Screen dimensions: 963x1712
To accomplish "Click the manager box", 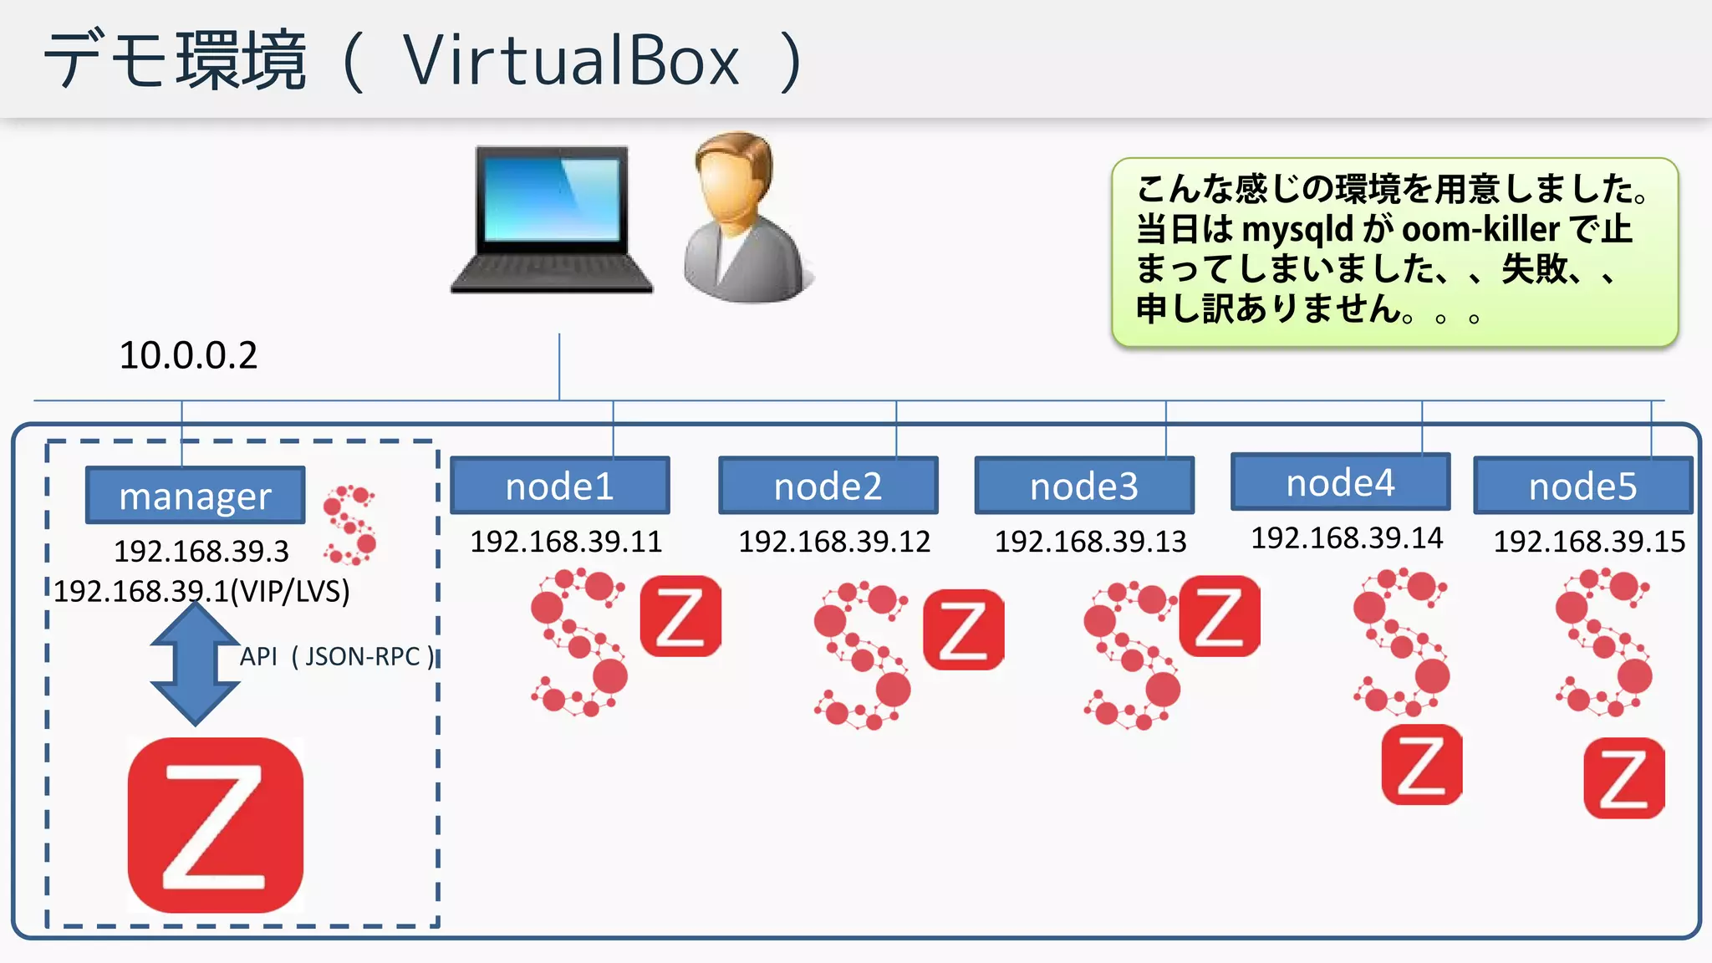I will click(195, 496).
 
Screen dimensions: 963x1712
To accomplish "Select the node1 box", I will click(559, 486).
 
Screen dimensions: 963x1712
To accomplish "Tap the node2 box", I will click(828, 486).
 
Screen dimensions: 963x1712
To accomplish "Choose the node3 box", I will click(1083, 486).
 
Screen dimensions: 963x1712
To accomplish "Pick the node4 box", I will click(1340, 482).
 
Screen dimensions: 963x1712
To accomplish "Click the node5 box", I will click(1582, 486).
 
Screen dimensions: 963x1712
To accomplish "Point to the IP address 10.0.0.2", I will click(188, 355).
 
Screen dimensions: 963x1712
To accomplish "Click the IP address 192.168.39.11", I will click(566, 542).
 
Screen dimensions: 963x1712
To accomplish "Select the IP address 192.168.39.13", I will click(1090, 542).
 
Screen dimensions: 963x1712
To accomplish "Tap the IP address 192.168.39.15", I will click(1589, 542).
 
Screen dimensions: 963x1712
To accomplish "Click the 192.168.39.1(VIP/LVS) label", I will click(202, 592).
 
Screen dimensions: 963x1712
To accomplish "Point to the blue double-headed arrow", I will click(195, 663).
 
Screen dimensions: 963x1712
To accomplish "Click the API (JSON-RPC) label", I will click(338, 657).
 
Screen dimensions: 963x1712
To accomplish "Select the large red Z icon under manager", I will click(216, 825).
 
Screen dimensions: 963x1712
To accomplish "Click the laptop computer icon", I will click(552, 220).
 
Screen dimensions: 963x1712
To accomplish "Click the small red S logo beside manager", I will click(350, 525).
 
